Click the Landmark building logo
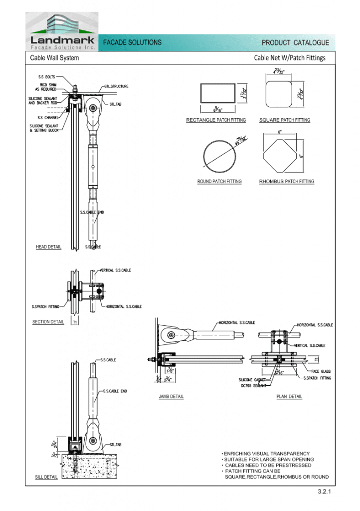pyautogui.click(x=62, y=31)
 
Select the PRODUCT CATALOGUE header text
pyautogui.click(x=295, y=43)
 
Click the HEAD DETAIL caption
pyautogui.click(x=48, y=247)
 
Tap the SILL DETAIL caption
pyautogui.click(x=46, y=477)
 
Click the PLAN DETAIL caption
pyautogui.click(x=289, y=397)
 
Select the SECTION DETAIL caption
pyautogui.click(x=48, y=322)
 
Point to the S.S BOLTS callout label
pyautogui.click(x=47, y=77)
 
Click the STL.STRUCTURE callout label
pyautogui.click(x=116, y=86)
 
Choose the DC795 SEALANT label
pyautogui.click(x=253, y=386)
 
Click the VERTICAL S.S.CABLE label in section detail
pyautogui.click(x=115, y=270)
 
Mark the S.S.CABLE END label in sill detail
pyautogui.click(x=115, y=391)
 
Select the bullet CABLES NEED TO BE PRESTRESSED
pyautogui.click(x=268, y=465)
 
